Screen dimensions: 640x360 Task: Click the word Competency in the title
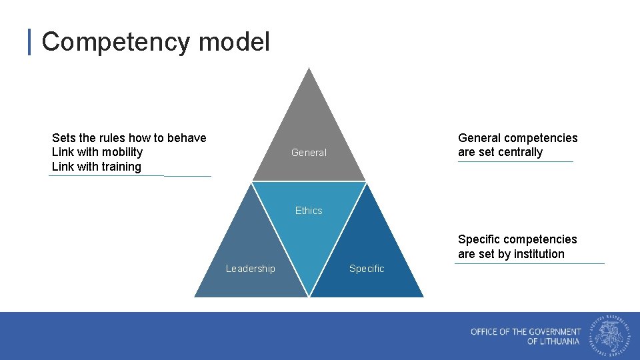pyautogui.click(x=115, y=42)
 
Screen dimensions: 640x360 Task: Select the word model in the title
pyautogui.click(x=234, y=42)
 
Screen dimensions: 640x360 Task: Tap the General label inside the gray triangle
pyautogui.click(x=309, y=153)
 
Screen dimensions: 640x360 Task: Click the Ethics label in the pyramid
pyautogui.click(x=309, y=211)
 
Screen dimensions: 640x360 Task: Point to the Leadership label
pyautogui.click(x=250, y=269)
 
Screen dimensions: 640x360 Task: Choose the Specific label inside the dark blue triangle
pyautogui.click(x=367, y=269)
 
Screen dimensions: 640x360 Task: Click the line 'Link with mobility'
pyautogui.click(x=97, y=152)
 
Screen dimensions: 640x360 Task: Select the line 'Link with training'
pyautogui.click(x=97, y=167)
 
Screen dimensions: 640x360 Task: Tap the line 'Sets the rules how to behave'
pyautogui.click(x=129, y=138)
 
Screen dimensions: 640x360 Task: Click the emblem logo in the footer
pyautogui.click(x=609, y=335)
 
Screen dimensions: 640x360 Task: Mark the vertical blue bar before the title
pyautogui.click(x=29, y=42)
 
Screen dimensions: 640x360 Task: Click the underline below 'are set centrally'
pyautogui.click(x=515, y=161)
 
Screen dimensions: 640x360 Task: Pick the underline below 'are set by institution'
pyautogui.click(x=529, y=263)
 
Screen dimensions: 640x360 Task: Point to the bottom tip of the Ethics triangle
pyautogui.click(x=309, y=295)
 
